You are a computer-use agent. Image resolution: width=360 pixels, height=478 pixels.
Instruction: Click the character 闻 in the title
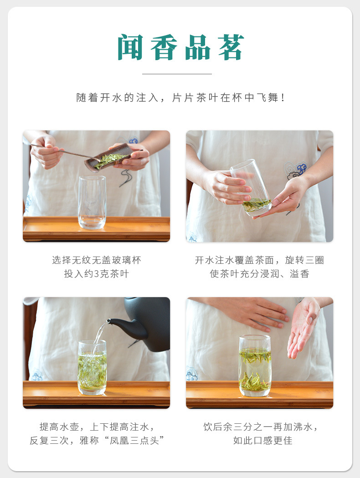(x=131, y=48)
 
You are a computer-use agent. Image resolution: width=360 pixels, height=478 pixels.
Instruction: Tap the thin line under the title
(x=177, y=74)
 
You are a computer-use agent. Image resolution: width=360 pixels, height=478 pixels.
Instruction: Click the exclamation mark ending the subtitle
(x=283, y=98)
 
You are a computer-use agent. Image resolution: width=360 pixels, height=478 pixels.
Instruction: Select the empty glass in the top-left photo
(x=92, y=201)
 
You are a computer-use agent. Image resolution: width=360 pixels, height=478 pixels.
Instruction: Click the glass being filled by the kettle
(x=92, y=367)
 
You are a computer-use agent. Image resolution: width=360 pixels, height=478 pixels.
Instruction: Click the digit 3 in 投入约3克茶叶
(x=96, y=274)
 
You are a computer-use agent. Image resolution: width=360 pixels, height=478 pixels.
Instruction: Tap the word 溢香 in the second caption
(x=299, y=274)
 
